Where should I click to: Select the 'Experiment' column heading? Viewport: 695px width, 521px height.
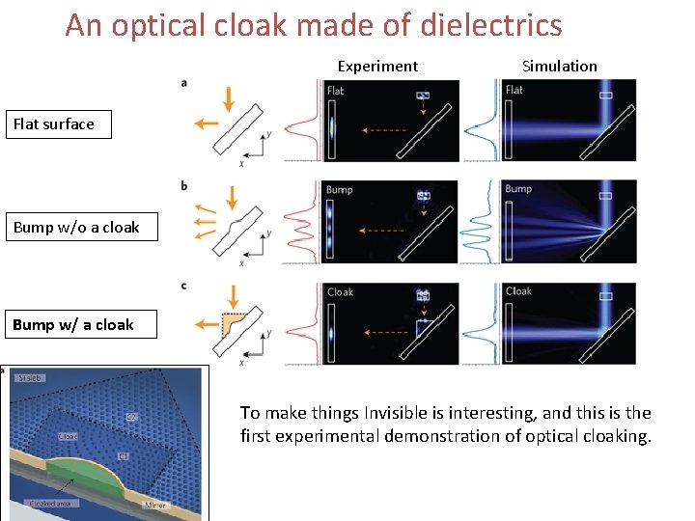coord(377,67)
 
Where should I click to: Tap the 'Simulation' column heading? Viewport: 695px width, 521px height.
coord(559,67)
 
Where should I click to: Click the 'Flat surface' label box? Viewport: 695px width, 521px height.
coord(58,124)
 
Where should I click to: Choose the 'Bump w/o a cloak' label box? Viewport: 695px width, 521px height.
coord(81,228)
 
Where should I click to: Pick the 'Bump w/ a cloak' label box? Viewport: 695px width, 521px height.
coord(72,325)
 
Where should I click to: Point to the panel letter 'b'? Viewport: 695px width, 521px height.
coord(184,185)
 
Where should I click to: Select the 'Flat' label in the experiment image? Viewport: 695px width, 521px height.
coord(335,92)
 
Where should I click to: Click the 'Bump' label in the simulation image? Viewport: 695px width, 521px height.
coord(518,189)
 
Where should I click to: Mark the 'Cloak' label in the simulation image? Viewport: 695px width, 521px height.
coord(518,291)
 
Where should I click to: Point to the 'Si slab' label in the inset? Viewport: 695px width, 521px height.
coord(31,377)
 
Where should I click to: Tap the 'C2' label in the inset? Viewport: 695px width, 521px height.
coord(132,417)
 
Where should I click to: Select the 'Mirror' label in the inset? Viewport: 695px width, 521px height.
coord(154,505)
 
